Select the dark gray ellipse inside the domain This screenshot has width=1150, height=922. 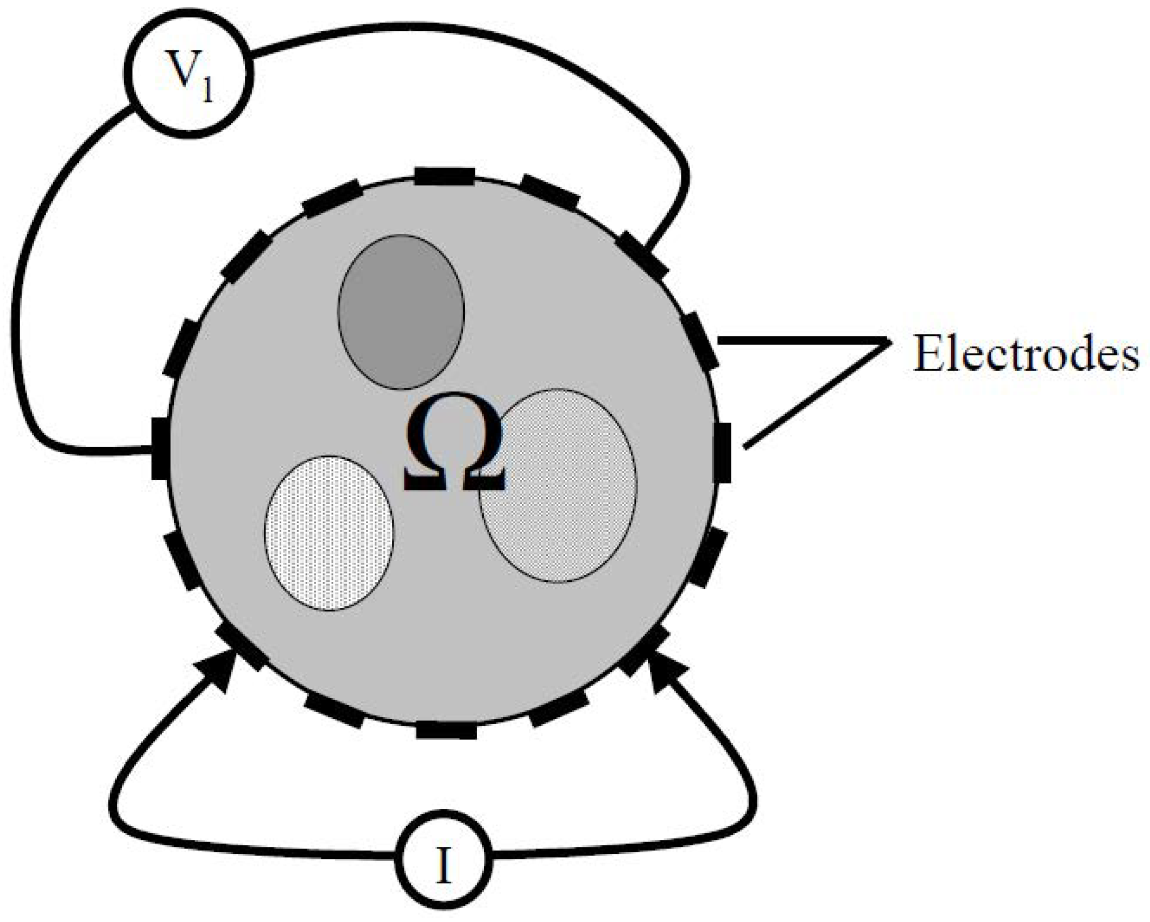401,312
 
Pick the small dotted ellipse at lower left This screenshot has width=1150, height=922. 329,533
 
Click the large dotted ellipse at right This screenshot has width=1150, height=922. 558,485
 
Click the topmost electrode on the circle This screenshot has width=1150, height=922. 444,176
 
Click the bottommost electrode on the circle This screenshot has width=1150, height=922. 446,730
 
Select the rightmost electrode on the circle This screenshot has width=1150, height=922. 723,452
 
